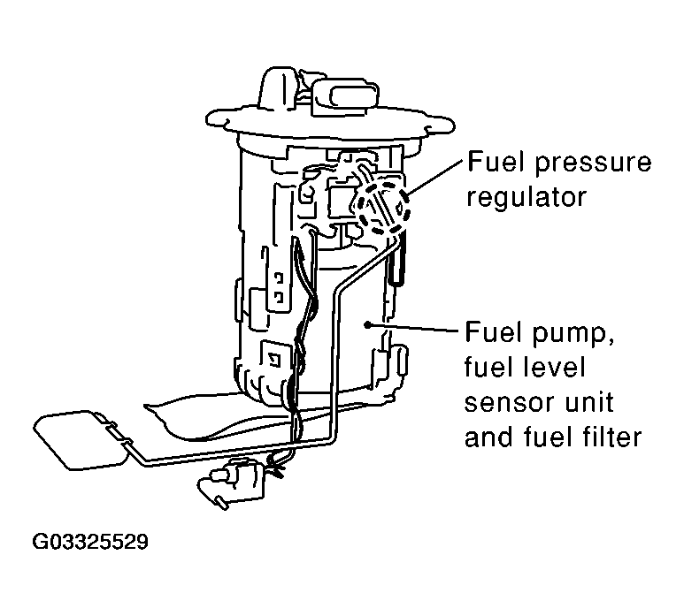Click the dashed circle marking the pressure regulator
pyautogui.click(x=381, y=204)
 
